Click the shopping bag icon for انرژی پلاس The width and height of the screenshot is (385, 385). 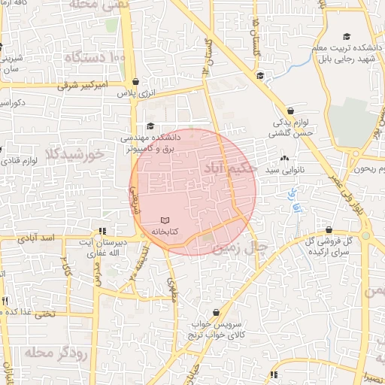(x=135, y=82)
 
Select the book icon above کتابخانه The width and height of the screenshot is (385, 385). (x=166, y=220)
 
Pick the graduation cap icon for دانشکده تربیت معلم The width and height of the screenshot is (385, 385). (x=347, y=37)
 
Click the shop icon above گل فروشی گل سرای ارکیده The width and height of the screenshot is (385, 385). (x=329, y=230)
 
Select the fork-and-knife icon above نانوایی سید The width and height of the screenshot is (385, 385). (x=284, y=159)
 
